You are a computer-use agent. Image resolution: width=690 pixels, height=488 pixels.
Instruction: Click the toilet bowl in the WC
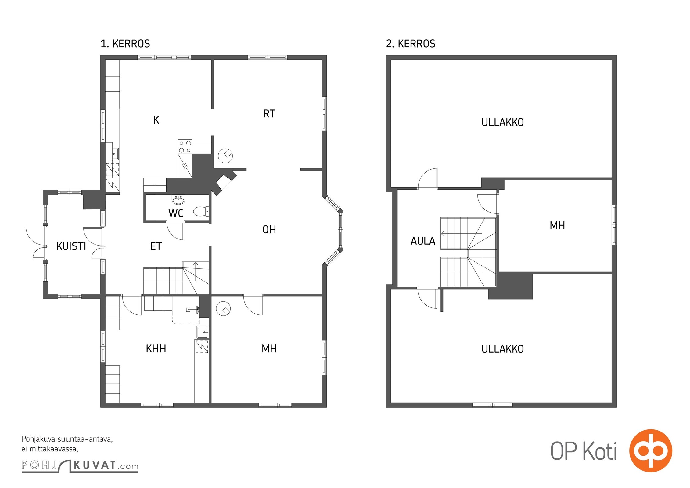coord(201,211)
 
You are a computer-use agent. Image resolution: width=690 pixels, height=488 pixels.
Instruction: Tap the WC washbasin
coord(178,199)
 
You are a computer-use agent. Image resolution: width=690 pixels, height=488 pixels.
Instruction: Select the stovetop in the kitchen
coord(185,147)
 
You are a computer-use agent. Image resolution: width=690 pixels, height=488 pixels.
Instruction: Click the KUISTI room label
coord(71,246)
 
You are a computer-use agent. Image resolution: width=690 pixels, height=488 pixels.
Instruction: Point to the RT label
coord(269,114)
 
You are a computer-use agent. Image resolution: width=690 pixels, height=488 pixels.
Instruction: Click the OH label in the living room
coord(269,229)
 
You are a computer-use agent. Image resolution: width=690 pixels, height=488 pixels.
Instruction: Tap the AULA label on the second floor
coord(423,241)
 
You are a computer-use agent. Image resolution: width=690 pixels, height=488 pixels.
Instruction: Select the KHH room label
coord(156,348)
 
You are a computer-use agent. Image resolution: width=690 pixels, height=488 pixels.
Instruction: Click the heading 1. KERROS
coord(125,44)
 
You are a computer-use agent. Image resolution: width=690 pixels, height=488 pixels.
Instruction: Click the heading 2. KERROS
coord(411,44)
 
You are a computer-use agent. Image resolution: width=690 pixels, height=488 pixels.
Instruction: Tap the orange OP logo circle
coord(650,450)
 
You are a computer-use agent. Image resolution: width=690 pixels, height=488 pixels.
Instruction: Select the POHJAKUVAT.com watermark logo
coord(80,466)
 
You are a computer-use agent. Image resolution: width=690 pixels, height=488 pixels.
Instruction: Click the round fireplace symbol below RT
coord(225,156)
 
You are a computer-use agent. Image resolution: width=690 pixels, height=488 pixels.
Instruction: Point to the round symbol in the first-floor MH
coord(223,308)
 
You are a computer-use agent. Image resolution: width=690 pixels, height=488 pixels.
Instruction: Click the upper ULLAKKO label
coord(502,122)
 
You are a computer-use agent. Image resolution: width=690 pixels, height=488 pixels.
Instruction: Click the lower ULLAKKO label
coord(502,349)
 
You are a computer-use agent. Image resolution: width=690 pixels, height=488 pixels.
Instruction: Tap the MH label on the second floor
coord(557,225)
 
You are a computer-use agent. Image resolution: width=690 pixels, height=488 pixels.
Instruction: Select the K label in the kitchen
coord(156,120)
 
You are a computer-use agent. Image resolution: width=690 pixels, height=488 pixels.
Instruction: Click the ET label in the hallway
coord(156,246)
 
